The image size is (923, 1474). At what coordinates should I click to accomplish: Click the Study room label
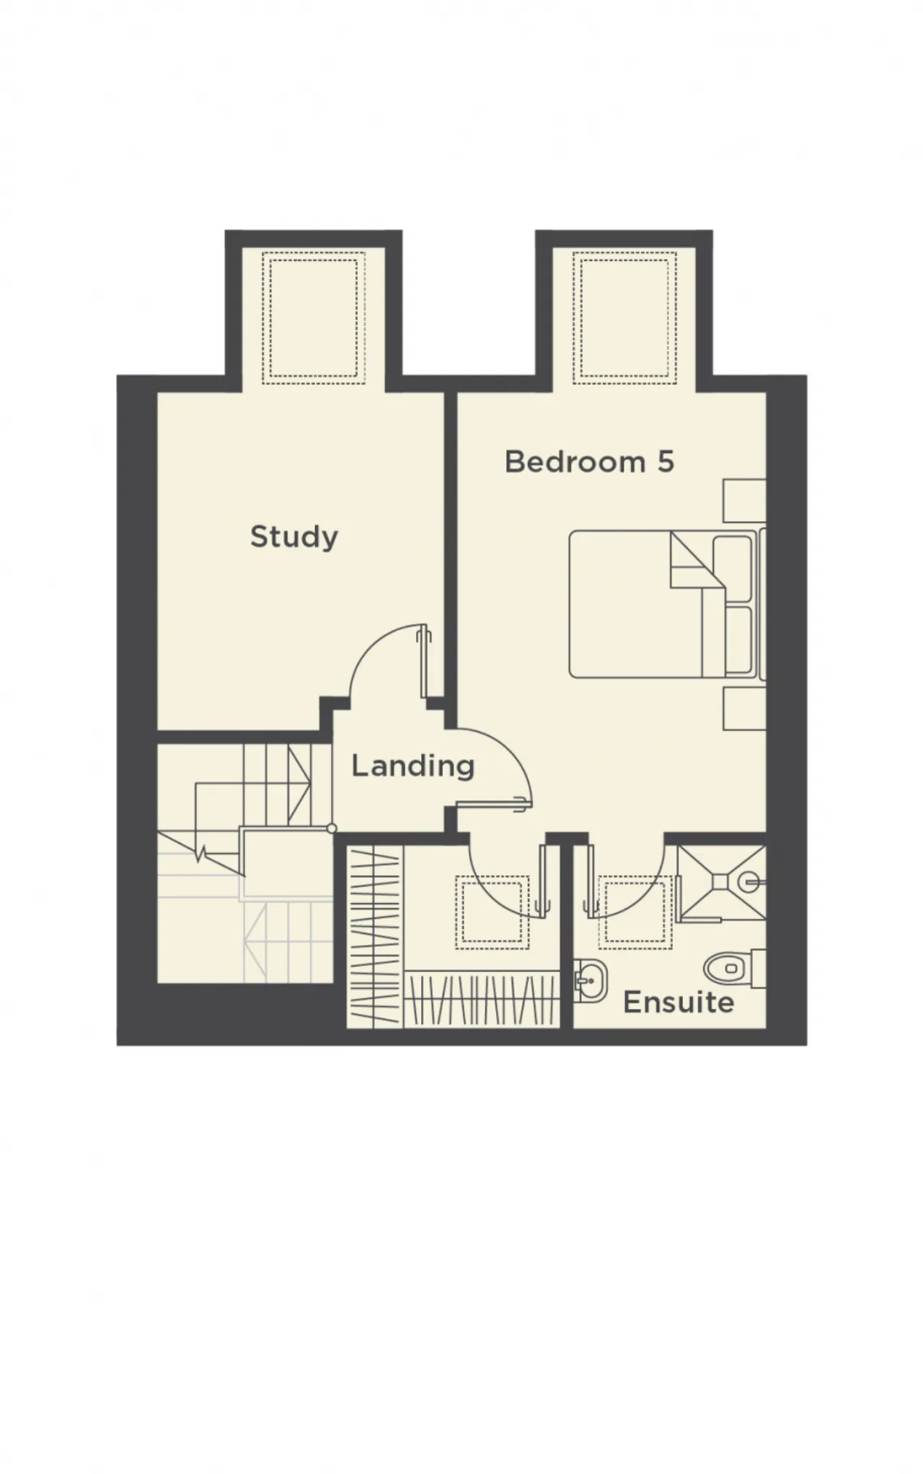pyautogui.click(x=293, y=537)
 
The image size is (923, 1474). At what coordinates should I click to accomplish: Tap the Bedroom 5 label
pyautogui.click(x=589, y=461)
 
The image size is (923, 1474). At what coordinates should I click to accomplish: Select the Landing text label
pyautogui.click(x=412, y=766)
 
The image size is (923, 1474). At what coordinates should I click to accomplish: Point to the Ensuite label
pyautogui.click(x=679, y=1002)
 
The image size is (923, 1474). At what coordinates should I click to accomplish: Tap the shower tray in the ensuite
pyautogui.click(x=722, y=882)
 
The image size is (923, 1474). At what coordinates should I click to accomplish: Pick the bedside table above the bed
pyautogui.click(x=744, y=500)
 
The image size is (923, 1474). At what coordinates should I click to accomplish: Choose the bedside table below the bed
pyautogui.click(x=744, y=709)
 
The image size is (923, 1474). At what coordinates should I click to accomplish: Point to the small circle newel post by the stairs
pyautogui.click(x=331, y=829)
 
